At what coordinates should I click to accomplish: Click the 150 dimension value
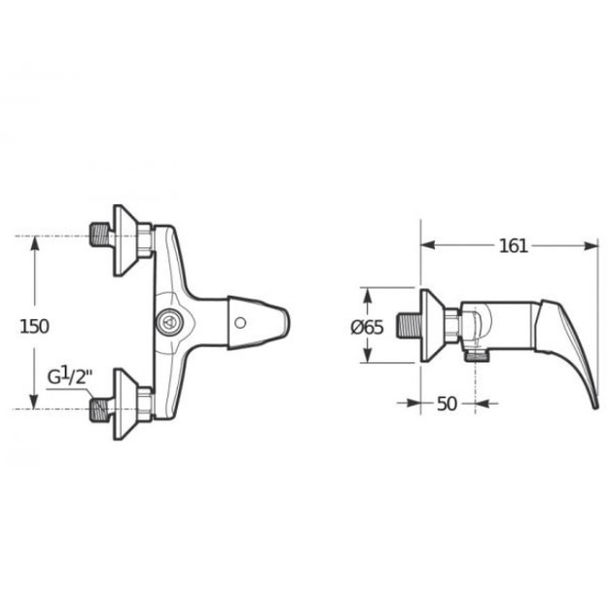point(34,327)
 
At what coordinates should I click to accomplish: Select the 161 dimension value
point(514,246)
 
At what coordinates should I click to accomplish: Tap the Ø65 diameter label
point(367,328)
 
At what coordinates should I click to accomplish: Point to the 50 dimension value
point(447,404)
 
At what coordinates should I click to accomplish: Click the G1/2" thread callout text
point(70,376)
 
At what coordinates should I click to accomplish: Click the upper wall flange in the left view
point(125,240)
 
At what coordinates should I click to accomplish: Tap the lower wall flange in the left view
point(125,404)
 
